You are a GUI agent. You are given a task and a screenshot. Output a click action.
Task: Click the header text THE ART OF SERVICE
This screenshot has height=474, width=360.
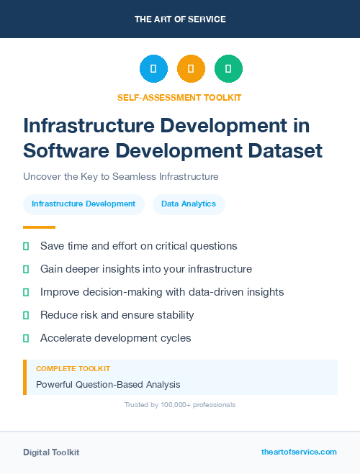[x=180, y=19]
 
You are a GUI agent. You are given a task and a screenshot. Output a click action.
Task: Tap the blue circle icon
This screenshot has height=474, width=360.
[x=153, y=69]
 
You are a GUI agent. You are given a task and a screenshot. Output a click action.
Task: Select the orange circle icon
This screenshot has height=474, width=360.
[x=191, y=69]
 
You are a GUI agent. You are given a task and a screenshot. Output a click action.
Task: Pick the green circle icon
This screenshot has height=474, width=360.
[x=228, y=69]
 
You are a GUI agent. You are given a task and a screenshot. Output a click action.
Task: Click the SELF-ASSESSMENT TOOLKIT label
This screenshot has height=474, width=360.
[x=180, y=97]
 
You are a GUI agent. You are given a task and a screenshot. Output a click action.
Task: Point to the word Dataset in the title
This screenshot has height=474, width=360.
[x=284, y=151]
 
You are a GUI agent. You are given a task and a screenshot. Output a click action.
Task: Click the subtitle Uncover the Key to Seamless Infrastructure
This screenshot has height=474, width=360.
[x=120, y=176]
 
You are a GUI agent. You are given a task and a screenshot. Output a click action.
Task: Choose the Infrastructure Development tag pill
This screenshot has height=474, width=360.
[x=84, y=204]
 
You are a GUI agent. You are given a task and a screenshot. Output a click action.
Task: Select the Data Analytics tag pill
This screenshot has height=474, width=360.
[x=189, y=204]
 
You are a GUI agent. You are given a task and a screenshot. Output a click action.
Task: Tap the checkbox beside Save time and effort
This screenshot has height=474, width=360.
[x=26, y=246]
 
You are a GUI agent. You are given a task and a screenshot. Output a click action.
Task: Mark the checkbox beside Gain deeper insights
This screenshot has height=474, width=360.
[x=26, y=269]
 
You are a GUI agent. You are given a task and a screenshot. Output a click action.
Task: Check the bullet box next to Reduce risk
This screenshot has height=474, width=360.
[x=26, y=315]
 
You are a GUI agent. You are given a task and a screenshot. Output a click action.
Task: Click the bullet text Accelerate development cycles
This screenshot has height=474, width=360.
[x=115, y=338]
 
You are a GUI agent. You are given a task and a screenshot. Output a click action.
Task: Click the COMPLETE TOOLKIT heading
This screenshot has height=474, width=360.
[x=73, y=369]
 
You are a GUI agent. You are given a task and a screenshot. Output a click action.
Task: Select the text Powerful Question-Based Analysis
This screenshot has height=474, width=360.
[x=108, y=385]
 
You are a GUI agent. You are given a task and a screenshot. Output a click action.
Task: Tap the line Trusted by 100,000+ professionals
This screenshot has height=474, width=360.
[x=180, y=405]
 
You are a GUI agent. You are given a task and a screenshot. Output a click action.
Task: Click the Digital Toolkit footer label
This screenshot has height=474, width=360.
[x=51, y=452]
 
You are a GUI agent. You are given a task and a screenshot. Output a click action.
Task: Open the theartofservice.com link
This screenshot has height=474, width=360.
[x=299, y=452]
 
